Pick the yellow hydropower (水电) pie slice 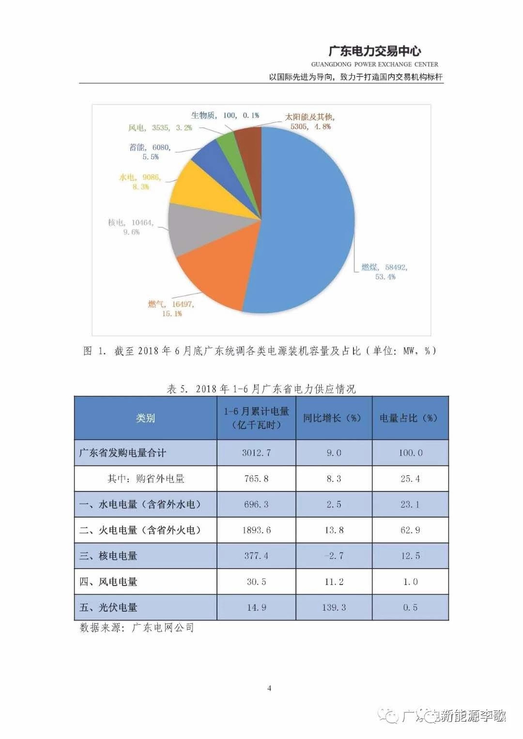tap(208, 189)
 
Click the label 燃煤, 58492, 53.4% tap(385, 272)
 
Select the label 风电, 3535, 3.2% tap(160, 128)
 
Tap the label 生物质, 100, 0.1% tap(225, 115)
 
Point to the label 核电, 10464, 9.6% tap(131, 227)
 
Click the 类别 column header tap(145, 418)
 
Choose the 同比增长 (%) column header tap(333, 418)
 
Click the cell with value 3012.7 tap(256, 453)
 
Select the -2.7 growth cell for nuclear tap(334, 556)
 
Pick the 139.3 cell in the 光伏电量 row tap(334, 607)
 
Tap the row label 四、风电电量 tap(108, 582)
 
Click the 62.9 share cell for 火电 tap(410, 530)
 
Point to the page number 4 tap(269, 688)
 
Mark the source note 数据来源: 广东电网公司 tap(137, 628)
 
